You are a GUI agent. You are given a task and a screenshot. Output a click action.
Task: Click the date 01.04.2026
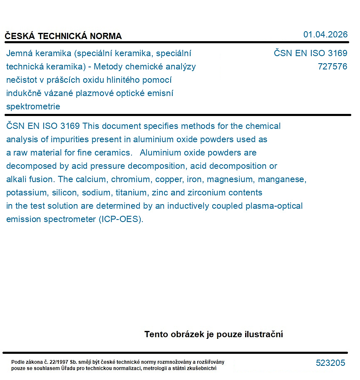pyautogui.click(x=325, y=35)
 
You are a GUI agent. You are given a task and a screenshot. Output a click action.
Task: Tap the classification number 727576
pyautogui.click(x=332, y=67)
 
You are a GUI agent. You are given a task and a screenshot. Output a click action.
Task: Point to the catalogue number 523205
pyautogui.click(x=330, y=363)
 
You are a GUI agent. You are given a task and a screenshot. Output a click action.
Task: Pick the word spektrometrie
pyautogui.click(x=33, y=106)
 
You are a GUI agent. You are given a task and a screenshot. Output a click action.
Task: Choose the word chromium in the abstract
pyautogui.click(x=132, y=179)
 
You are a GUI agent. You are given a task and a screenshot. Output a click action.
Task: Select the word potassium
pyautogui.click(x=27, y=192)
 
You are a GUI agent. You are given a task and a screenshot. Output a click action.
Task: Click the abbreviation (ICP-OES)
pyautogui.click(x=121, y=219)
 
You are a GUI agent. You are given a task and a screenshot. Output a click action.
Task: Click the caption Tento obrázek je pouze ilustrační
pyautogui.click(x=214, y=334)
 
